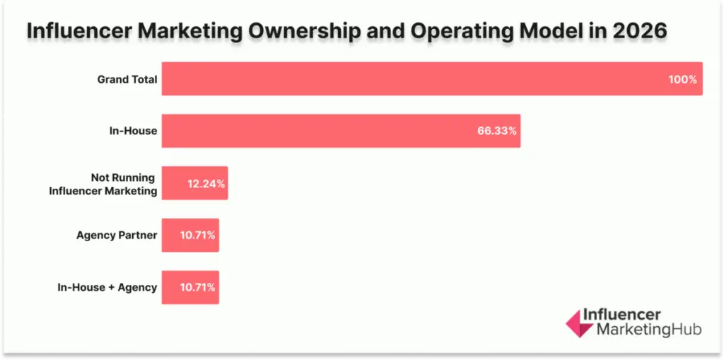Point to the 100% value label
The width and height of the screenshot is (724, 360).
click(x=682, y=79)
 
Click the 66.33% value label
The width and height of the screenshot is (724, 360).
click(x=496, y=132)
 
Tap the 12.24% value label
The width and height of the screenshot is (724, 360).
click(x=206, y=184)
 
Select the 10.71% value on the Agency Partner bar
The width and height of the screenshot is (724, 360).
click(x=197, y=236)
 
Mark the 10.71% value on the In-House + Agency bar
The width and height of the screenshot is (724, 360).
click(x=197, y=288)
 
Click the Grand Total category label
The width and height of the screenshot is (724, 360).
click(x=127, y=79)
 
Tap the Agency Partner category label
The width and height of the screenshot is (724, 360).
click(x=117, y=236)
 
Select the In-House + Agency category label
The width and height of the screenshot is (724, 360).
click(x=107, y=288)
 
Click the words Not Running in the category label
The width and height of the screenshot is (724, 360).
click(x=122, y=178)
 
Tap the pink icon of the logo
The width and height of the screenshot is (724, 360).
click(x=579, y=323)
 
